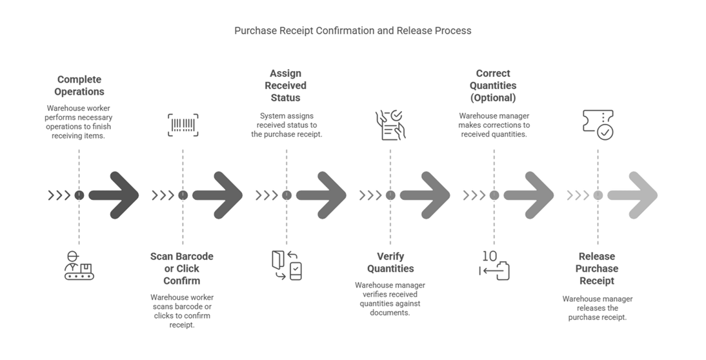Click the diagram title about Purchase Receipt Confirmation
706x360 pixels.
(353, 30)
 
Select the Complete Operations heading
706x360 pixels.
(79, 86)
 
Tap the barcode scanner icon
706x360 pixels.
(183, 125)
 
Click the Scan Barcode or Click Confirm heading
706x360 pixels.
(182, 268)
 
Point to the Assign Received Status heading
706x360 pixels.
(286, 86)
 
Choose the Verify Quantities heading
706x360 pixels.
(390, 263)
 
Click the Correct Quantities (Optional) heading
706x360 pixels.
(493, 86)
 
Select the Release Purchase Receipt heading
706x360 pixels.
(597, 268)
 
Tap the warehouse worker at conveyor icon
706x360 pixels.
(79, 266)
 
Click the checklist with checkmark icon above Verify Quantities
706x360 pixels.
(390, 125)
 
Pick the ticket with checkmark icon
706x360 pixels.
(598, 125)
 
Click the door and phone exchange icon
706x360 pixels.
(287, 266)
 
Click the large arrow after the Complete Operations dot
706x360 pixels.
(114, 195)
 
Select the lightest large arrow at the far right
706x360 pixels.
(632, 195)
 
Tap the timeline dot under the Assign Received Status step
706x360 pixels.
(287, 195)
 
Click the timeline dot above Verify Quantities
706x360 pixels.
(390, 195)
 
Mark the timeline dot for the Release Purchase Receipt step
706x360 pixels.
(598, 195)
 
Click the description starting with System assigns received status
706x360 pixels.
(287, 125)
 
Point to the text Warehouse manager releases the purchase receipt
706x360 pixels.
(598, 308)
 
